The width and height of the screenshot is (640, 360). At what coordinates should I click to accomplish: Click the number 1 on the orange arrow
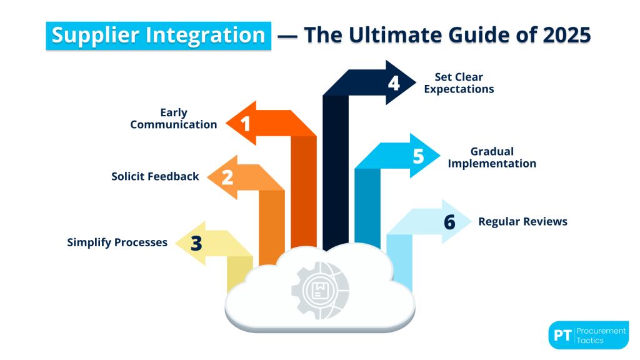246,124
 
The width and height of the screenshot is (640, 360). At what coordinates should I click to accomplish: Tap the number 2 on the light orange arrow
227,177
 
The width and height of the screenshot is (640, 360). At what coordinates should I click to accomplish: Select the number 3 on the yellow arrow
196,243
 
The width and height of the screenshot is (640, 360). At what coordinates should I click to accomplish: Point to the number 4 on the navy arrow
393,82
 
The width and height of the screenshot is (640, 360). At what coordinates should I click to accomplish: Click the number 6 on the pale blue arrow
449,222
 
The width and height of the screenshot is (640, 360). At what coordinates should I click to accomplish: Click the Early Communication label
174,119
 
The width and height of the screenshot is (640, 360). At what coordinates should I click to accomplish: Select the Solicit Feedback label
155,176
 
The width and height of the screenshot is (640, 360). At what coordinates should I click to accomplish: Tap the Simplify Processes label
117,242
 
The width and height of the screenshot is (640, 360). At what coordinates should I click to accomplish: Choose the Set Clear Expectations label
459,83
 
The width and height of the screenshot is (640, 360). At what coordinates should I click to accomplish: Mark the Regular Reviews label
522,221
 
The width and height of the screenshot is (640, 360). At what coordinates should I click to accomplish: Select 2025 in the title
562,35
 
